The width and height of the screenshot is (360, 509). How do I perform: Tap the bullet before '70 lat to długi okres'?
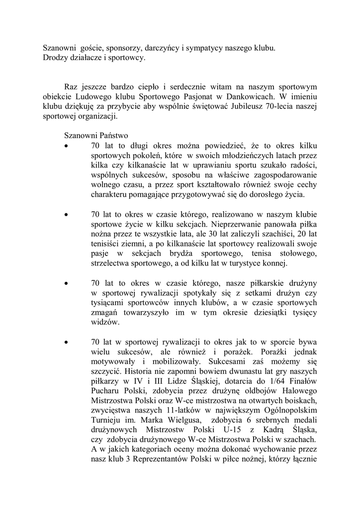(x=67, y=146)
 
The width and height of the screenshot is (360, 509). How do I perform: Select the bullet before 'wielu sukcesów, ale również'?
(x=67, y=342)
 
